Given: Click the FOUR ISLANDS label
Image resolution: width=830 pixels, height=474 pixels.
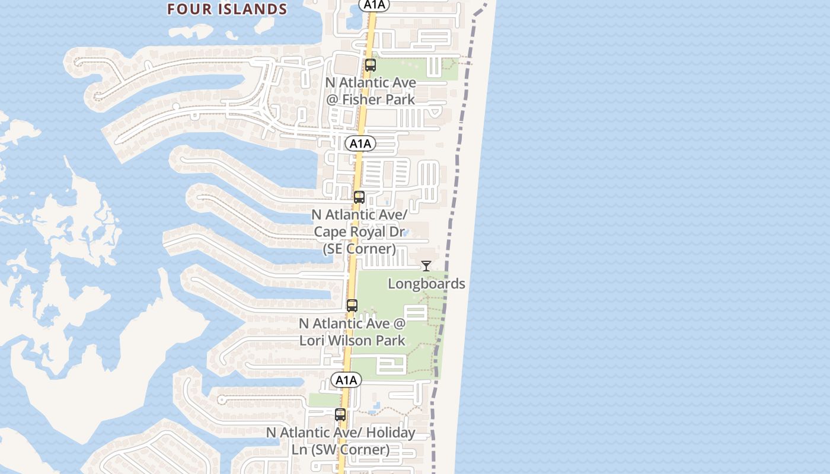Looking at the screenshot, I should [x=227, y=9].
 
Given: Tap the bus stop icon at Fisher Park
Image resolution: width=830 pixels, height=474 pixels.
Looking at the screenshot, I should [x=371, y=65].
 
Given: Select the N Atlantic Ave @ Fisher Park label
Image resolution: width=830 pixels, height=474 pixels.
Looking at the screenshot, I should [x=371, y=91].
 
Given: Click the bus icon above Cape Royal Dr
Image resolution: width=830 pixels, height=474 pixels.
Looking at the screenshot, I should [x=359, y=197].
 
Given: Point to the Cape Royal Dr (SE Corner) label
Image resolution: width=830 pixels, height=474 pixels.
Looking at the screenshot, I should [x=359, y=232].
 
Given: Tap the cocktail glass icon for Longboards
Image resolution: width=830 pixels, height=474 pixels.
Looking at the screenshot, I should [x=426, y=266].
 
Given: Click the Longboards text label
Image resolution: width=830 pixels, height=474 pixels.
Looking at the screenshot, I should [x=426, y=284].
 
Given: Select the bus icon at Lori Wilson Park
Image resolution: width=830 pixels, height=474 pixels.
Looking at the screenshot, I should [x=352, y=306].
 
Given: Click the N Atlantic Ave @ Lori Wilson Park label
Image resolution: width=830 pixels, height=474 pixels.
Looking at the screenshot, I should [x=352, y=332].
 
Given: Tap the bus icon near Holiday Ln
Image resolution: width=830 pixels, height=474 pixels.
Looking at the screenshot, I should [x=340, y=415].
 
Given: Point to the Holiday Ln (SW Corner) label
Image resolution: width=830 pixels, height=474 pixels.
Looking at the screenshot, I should [x=340, y=441].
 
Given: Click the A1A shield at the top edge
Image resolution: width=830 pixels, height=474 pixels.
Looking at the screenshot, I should [x=373, y=5].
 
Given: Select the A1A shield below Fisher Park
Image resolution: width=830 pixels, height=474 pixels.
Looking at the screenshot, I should [x=360, y=143].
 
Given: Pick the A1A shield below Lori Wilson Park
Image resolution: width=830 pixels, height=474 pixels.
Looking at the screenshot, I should [x=346, y=380].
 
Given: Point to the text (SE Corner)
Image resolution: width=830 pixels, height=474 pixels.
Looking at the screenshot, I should [x=359, y=249].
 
